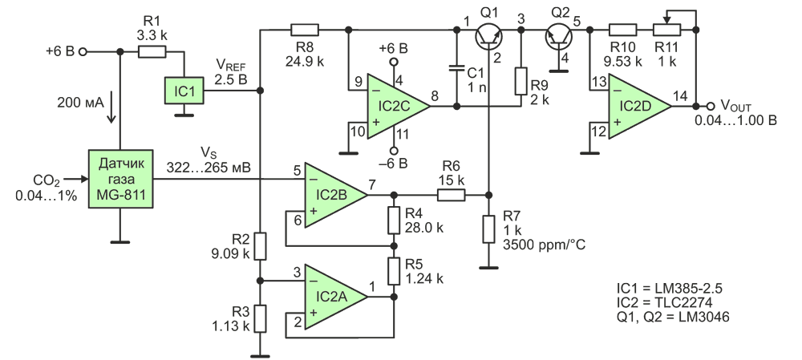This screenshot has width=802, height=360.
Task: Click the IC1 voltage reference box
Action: (184, 91)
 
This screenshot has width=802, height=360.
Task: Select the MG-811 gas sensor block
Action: (121, 179)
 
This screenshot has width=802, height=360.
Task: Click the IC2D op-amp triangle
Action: (639, 107)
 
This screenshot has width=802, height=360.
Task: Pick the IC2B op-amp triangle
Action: (336, 195)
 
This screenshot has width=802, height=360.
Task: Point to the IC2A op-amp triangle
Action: (336, 297)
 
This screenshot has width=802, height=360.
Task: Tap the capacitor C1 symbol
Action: (456, 68)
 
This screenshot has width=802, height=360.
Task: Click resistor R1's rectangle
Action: (152, 51)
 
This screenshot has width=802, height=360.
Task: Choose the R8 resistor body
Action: (304, 30)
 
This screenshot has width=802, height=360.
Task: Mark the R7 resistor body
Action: (489, 229)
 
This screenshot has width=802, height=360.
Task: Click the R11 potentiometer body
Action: (666, 30)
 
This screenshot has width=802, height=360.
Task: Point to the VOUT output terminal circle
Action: (711, 107)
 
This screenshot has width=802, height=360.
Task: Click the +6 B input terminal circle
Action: (82, 51)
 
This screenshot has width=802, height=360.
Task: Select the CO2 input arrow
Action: (77, 179)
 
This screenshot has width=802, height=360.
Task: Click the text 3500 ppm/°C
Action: (545, 245)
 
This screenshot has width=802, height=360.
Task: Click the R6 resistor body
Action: (451, 195)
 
